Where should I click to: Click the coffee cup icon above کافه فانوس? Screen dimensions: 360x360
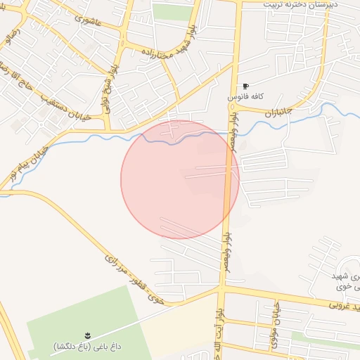point(245,86)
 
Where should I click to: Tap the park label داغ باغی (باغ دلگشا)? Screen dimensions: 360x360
point(87,345)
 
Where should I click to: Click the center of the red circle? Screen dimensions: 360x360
point(180,179)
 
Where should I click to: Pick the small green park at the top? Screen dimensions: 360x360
point(168,11)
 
